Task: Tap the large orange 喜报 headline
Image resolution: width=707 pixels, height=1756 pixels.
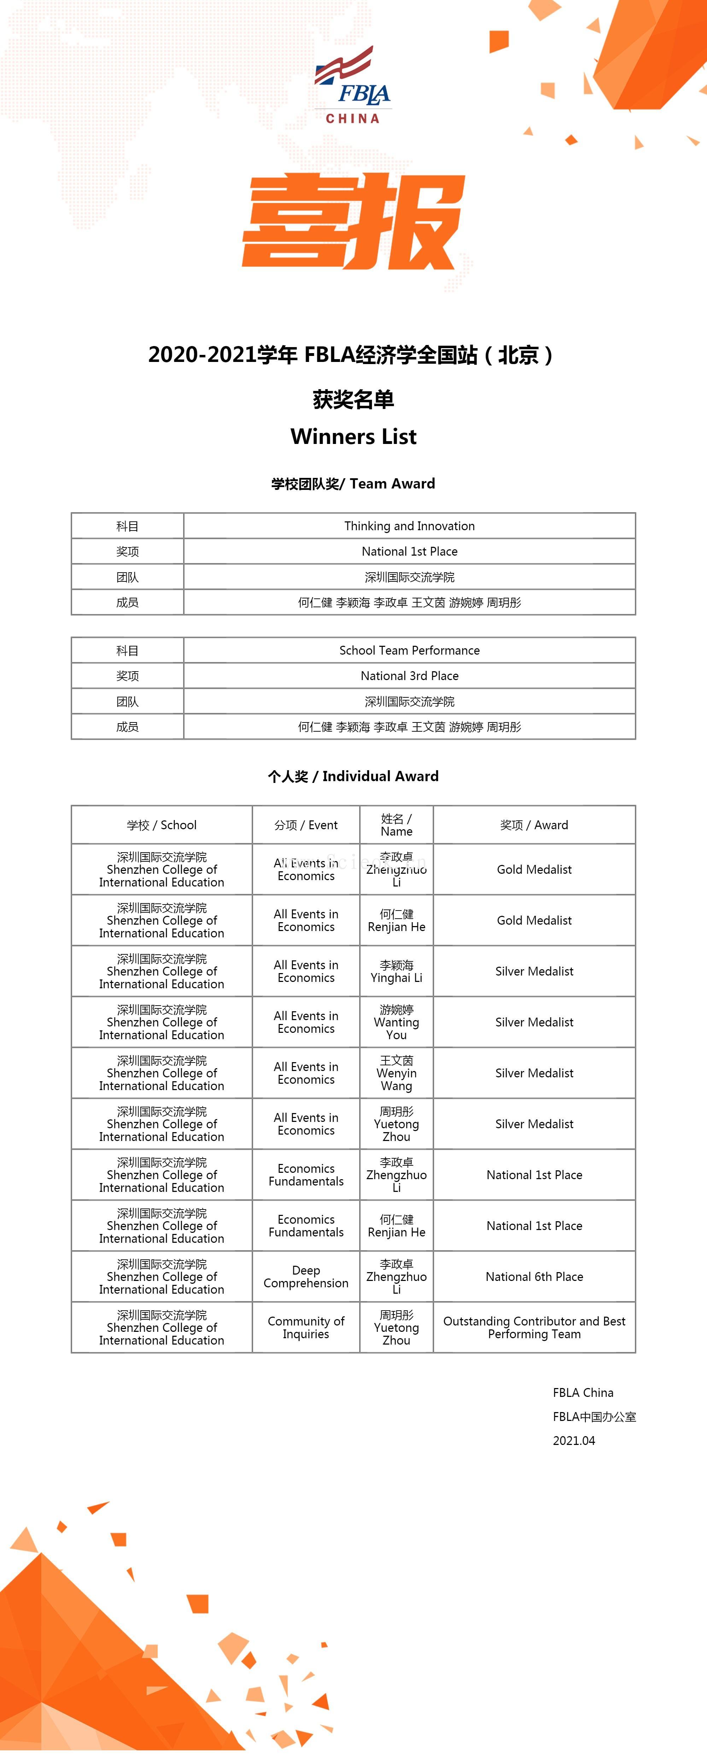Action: (x=353, y=221)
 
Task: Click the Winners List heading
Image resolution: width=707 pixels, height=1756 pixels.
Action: (x=353, y=436)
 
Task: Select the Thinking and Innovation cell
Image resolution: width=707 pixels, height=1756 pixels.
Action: (x=409, y=526)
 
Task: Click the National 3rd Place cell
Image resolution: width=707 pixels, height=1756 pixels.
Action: (x=409, y=675)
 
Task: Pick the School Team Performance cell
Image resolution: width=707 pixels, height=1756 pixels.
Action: (x=409, y=650)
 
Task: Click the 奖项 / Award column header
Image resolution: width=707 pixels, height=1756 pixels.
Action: (x=534, y=825)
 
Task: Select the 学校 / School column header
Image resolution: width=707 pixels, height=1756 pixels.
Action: (x=162, y=825)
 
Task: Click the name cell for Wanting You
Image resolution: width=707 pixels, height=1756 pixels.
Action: (x=396, y=1022)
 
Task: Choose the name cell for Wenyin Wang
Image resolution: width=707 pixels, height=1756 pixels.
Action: (x=396, y=1073)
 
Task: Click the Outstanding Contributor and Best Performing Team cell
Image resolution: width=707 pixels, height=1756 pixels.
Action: (x=534, y=1327)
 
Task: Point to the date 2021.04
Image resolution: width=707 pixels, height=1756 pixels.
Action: (x=573, y=1440)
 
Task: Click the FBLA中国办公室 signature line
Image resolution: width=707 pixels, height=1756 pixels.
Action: (x=594, y=1417)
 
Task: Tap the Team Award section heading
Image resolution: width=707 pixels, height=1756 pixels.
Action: (x=353, y=483)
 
